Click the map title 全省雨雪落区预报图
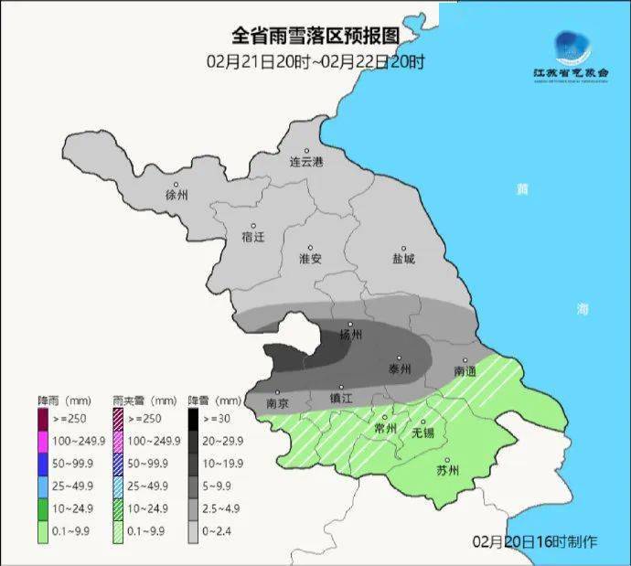(x=315, y=36)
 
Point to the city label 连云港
(x=306, y=163)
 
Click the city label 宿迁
(x=252, y=237)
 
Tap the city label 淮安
(x=311, y=259)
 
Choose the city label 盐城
(x=402, y=259)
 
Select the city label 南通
(x=465, y=371)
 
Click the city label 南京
(x=277, y=402)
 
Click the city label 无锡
(x=422, y=432)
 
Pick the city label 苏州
(x=447, y=471)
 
